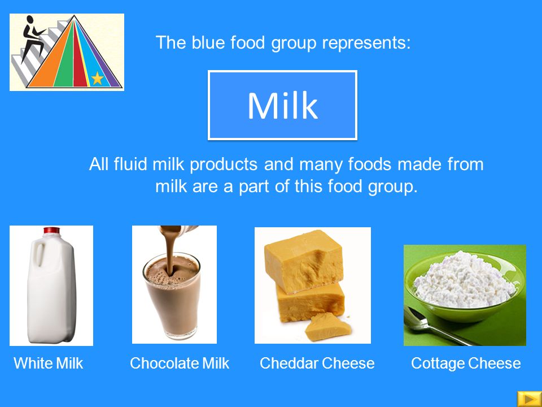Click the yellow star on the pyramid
(97, 78)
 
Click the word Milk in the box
(282, 106)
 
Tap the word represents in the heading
(366, 43)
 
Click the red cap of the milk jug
(51, 230)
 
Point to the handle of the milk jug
(40, 254)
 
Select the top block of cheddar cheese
(304, 261)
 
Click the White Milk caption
(49, 363)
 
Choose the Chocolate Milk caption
(180, 363)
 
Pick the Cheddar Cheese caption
(317, 363)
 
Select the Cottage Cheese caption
(466, 363)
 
